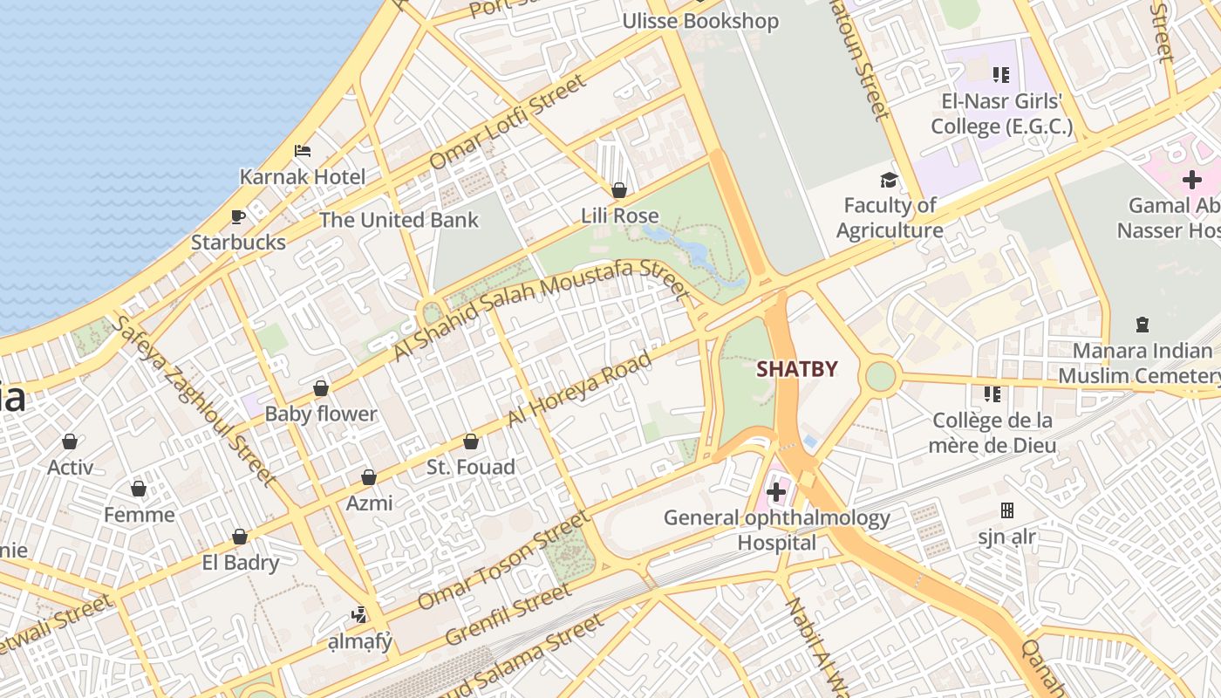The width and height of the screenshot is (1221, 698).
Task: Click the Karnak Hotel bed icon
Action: pos(303,151)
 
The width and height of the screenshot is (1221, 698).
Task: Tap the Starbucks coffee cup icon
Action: pos(237,216)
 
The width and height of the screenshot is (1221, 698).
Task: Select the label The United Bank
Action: pos(399,220)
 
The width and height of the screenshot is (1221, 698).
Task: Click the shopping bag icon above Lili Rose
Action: pos(619,189)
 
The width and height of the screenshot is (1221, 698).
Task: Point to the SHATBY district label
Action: pos(796,369)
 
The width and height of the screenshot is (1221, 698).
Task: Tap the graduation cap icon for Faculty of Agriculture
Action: pos(889,180)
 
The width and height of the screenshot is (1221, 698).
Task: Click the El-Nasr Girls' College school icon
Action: pos(1000,75)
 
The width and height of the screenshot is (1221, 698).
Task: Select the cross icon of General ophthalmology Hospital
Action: pos(775,493)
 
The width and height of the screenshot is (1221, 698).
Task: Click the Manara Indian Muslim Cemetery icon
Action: pos(1142,325)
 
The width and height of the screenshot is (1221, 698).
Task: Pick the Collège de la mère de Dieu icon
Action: pos(992,394)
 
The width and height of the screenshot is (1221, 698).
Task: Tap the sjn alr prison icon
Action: pos(1007,510)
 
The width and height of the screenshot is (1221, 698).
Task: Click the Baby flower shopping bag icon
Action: pos(321,388)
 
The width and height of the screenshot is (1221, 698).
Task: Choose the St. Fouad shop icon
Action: pos(471,441)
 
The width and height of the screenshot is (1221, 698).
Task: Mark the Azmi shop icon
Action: pos(369,477)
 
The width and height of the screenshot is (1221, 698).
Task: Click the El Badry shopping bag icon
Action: pos(240,537)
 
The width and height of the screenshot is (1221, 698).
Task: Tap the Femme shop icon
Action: pos(139,489)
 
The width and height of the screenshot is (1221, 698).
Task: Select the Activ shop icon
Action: pos(70,441)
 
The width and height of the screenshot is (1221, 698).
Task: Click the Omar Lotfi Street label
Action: pos(508,122)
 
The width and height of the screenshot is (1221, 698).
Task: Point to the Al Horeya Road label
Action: pos(579,389)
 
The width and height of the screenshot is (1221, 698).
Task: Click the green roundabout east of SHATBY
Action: pos(881,377)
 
